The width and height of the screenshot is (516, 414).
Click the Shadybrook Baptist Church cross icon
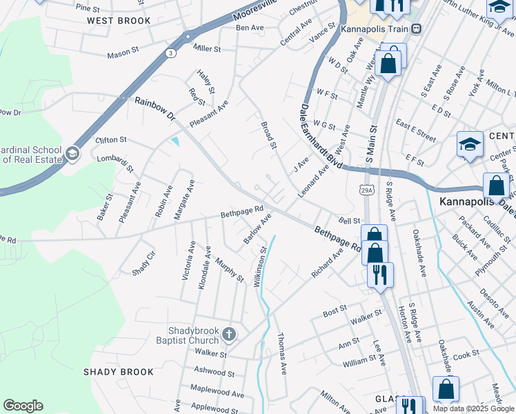coord(229,335)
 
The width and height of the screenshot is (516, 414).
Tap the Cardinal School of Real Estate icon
coord(72,153)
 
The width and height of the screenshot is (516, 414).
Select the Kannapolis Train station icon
coord(416,29)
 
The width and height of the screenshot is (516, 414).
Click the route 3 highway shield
coord(170,52)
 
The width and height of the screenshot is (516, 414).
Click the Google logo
coord(23,406)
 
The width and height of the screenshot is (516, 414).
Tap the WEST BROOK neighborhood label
coord(119,21)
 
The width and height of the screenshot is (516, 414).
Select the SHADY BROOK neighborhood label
coord(119,372)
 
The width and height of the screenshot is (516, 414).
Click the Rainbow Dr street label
coord(155,109)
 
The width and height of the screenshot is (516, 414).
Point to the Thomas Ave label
coord(281,354)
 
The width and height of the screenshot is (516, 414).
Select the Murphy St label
coord(230,270)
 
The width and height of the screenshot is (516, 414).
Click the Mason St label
coord(122,55)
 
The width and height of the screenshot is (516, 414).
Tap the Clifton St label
coord(111,139)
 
